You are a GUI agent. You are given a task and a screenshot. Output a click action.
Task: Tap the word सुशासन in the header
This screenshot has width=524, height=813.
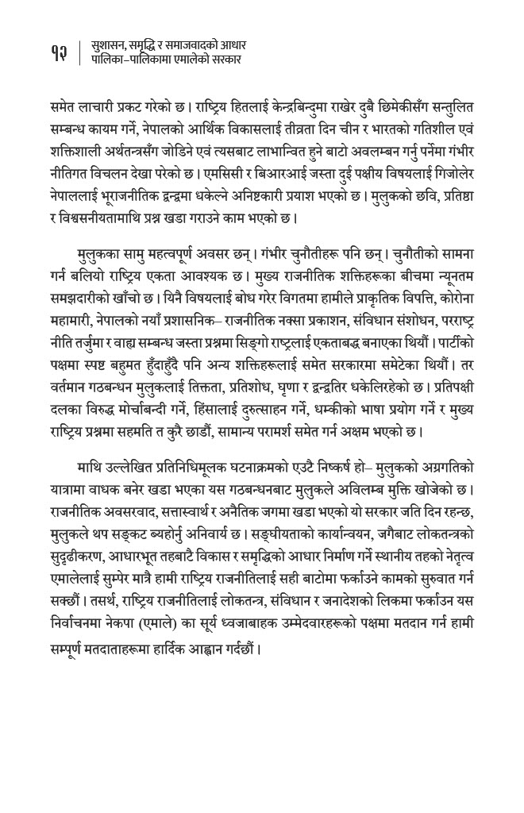[x=109, y=44]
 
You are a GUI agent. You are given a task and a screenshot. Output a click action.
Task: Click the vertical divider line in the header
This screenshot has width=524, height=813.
[x=80, y=52]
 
